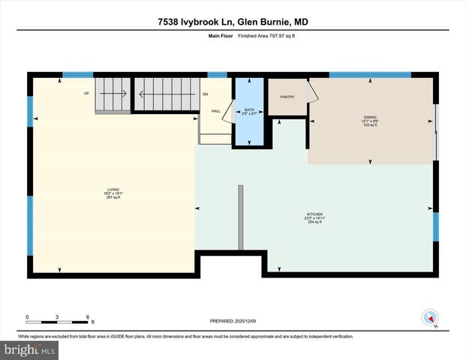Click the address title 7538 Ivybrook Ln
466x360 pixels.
[x=233, y=22]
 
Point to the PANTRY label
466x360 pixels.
[x=287, y=97]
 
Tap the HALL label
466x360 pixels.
[x=215, y=110]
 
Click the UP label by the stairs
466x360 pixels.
[x=86, y=94]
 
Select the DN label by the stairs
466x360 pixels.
[x=205, y=94]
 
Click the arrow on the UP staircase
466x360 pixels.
[x=113, y=94]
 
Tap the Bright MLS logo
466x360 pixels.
[x=30, y=350]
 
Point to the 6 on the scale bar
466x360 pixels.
[x=88, y=316]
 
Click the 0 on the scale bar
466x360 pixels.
[x=27, y=316]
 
